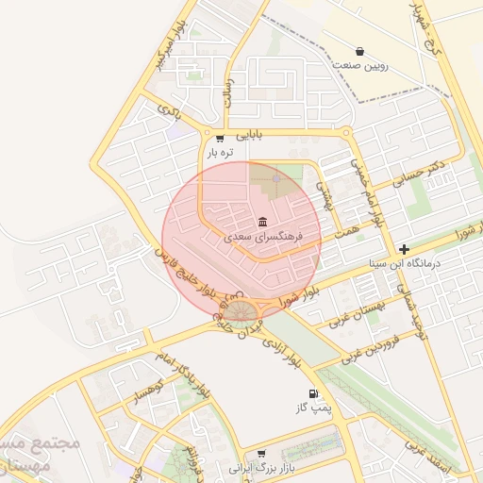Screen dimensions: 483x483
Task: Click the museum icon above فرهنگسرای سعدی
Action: [261, 222]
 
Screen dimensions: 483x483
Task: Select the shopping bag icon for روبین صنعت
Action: [359, 51]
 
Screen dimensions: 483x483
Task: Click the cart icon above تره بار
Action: [220, 138]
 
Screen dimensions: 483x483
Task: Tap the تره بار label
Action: [220, 153]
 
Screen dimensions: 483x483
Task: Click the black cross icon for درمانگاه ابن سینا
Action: [405, 249]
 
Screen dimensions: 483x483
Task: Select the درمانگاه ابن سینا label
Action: [406, 265]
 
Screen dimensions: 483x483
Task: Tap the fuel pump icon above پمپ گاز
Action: [312, 393]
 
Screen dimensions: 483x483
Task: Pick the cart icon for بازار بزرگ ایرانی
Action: [261, 453]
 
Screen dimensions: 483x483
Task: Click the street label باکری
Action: [169, 109]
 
